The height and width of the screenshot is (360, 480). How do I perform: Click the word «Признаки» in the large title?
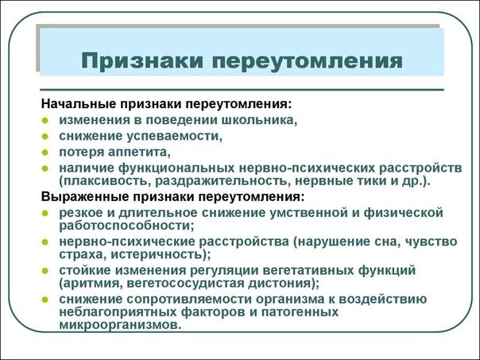(142, 61)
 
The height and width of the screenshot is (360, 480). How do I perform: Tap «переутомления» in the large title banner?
(308, 61)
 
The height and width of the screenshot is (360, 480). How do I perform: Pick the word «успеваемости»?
(175, 136)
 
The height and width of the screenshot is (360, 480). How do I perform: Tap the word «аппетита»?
(138, 152)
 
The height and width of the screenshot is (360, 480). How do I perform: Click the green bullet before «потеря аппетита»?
(45, 152)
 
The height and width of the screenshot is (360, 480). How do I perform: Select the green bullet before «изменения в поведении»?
(45, 120)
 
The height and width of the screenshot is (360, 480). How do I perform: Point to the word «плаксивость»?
(105, 181)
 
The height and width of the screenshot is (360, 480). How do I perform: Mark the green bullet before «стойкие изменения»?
(45, 271)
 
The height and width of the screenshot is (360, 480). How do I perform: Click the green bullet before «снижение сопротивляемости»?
(45, 300)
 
